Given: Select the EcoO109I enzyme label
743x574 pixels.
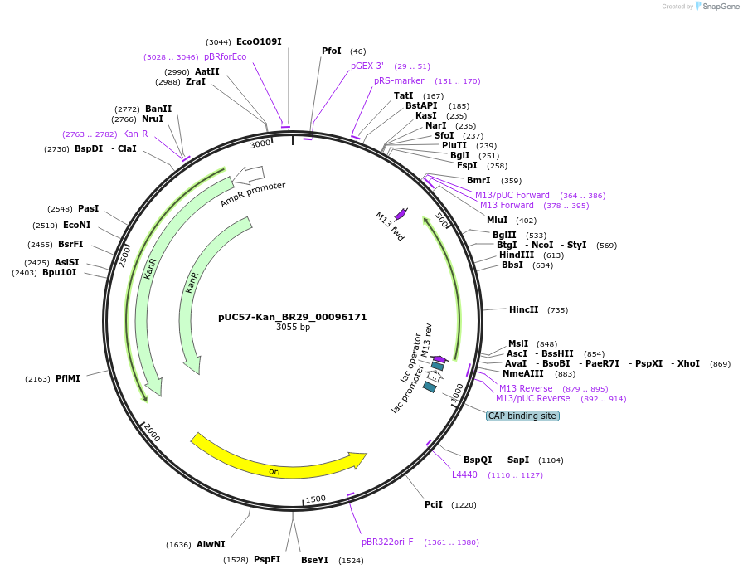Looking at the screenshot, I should pos(259,41).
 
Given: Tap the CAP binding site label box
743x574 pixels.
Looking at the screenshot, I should pos(522,416).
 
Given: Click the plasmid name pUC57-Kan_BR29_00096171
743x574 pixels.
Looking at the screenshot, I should pos(292,317).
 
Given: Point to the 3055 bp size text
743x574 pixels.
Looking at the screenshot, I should pos(293,328).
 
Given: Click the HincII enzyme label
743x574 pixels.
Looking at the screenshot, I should pos(523,309).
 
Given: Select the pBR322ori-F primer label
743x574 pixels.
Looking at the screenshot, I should pos(387,542).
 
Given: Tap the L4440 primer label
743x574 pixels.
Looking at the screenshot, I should pos(464,474).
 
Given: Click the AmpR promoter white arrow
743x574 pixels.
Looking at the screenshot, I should pos(248,174).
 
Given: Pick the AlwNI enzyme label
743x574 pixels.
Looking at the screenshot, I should pos(211,544).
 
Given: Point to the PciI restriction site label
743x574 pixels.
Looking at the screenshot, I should pos(434,504).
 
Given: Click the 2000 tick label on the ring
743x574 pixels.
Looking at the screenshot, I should pos(152,431).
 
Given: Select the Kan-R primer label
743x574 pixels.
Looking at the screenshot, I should pos(135,134).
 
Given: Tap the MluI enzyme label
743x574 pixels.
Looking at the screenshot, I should pos(498,220).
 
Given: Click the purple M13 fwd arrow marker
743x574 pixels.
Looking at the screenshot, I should pos(401,214).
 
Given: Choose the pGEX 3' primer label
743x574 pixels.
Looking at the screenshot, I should pos(367,66).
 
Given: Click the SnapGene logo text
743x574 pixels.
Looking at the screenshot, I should pos(719,7).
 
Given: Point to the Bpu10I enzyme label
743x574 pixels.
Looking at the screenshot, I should pos(60,272).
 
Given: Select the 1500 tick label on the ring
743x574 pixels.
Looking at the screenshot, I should pos(316,499).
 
